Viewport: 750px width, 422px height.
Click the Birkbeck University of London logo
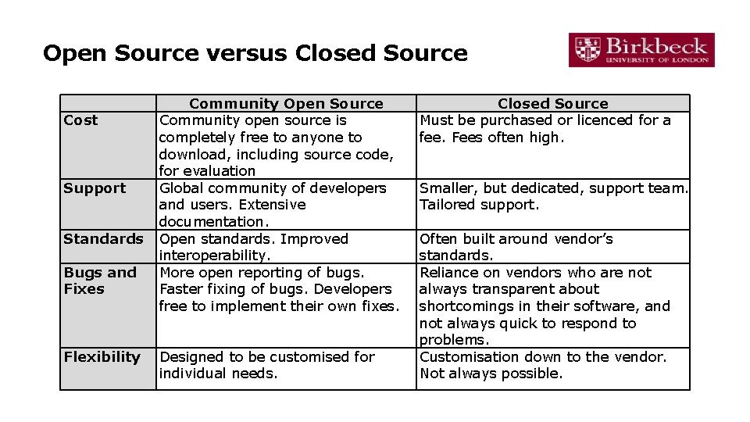tap(641, 49)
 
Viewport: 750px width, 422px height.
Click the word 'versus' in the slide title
tap(255, 53)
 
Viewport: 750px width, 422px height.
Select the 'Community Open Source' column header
tap(286, 103)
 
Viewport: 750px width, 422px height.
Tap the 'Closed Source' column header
tap(552, 103)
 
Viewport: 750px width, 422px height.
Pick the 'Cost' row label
tap(80, 120)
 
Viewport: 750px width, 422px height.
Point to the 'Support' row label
tap(95, 188)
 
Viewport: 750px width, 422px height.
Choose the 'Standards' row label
tap(103, 239)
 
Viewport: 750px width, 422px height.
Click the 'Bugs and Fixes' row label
tap(99, 281)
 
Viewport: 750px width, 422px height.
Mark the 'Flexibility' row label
tap(102, 357)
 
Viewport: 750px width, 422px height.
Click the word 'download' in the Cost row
tap(190, 155)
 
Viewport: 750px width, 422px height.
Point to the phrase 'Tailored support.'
tap(479, 205)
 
